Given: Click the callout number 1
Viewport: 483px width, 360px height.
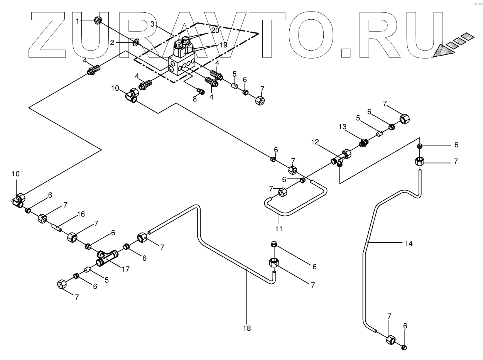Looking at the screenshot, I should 78,21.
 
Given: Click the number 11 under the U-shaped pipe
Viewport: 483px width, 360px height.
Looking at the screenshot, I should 279,229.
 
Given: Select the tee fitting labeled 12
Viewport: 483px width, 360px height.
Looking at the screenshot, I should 341,157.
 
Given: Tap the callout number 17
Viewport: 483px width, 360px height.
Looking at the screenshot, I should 125,269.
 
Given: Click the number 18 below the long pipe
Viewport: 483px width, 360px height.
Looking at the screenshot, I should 247,328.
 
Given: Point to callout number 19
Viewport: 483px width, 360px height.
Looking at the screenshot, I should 223,44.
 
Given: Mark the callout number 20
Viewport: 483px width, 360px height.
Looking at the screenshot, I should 215,30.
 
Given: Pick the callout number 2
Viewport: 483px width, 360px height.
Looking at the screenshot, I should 112,43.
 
